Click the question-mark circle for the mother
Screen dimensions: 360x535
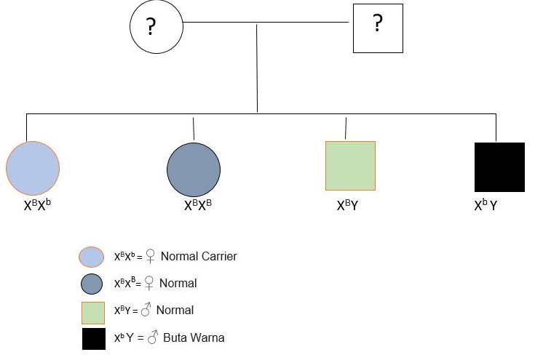tap(155, 28)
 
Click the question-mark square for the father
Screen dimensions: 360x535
tap(378, 28)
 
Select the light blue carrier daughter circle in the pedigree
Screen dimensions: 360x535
tap(33, 168)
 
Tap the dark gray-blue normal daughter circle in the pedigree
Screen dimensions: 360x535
tap(194, 168)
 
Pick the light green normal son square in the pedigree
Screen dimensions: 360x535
tap(350, 166)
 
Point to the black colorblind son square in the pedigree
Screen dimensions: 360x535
tap(499, 167)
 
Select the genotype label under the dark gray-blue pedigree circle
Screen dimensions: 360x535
tap(198, 205)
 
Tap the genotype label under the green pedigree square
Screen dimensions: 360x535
tap(347, 206)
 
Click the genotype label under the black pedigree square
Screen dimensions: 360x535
tap(486, 206)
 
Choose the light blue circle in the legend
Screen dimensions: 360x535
tap(92, 257)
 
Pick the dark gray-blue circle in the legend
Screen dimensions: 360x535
tap(92, 284)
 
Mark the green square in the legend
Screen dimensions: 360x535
tap(94, 311)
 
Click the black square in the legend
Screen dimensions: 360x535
tap(94, 339)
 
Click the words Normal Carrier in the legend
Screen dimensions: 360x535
tap(199, 256)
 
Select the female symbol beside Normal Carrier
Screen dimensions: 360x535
tap(151, 257)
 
